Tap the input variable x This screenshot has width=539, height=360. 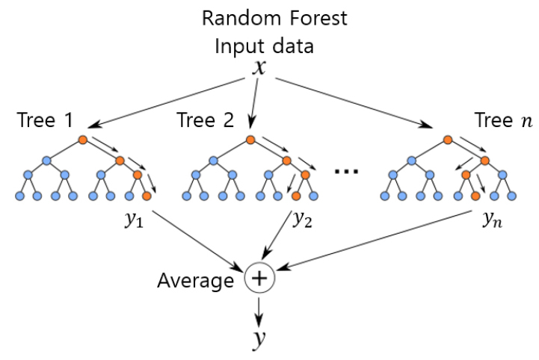[x=259, y=69]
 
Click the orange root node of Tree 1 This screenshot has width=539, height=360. [x=83, y=140]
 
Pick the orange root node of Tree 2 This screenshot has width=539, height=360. [x=248, y=140]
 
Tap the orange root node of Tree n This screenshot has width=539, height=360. [x=447, y=140]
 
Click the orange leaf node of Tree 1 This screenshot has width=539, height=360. [x=147, y=196]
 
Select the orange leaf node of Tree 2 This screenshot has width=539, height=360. [x=297, y=196]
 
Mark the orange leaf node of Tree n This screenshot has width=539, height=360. [x=475, y=196]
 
